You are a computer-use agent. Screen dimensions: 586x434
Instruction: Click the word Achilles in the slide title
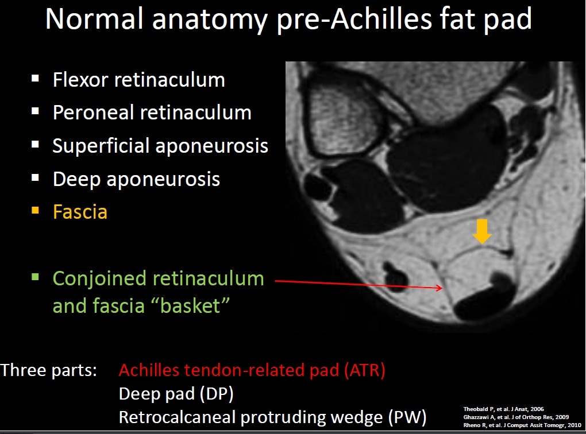(381, 19)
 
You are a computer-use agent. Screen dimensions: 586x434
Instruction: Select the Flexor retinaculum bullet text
(138, 80)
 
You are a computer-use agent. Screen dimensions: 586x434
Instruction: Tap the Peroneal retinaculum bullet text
(152, 113)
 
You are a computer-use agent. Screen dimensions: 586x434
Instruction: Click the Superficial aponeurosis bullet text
(160, 146)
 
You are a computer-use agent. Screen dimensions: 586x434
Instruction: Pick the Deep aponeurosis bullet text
(136, 179)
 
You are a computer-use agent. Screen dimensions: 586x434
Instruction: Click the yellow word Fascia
(80, 212)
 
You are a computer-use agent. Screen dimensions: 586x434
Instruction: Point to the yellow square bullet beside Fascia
(36, 210)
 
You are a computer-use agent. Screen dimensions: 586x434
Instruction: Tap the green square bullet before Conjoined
(36, 277)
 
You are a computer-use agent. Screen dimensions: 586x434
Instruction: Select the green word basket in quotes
(191, 306)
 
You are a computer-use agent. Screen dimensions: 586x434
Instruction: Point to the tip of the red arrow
(442, 288)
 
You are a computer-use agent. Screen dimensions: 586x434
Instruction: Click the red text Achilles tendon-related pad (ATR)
(252, 370)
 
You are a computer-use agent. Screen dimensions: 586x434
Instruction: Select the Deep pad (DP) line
(176, 394)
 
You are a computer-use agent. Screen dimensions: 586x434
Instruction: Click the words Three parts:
(49, 370)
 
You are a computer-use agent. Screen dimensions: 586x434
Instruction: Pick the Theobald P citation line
(503, 409)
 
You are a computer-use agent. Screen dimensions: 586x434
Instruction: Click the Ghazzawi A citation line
(516, 417)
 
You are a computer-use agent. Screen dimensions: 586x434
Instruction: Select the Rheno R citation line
(522, 425)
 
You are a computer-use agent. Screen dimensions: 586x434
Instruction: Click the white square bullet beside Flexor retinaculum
(36, 78)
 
